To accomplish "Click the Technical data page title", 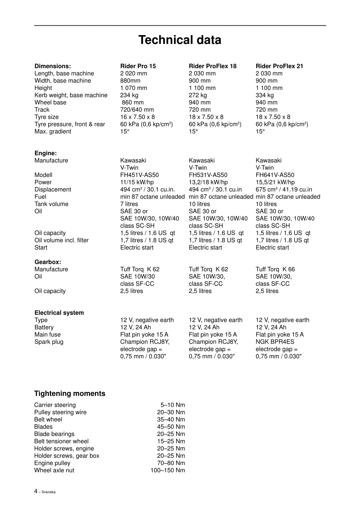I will [x=180, y=40].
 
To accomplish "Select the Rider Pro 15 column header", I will [x=138, y=66].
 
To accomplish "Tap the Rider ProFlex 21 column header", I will [x=279, y=66].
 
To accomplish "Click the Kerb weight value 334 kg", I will [x=264, y=95].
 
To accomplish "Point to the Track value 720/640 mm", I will [x=137, y=110].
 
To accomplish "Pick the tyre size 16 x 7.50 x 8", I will [x=137, y=117].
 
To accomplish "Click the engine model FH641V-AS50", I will [x=275, y=175].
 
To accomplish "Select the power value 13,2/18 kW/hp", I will [x=208, y=182].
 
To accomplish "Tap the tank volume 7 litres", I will [x=129, y=204].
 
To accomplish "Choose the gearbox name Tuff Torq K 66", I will [x=275, y=269].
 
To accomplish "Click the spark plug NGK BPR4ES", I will [x=275, y=342].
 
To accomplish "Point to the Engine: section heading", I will [x=45, y=153].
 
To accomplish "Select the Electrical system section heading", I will [x=59, y=313].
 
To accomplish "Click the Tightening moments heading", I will [x=70, y=393].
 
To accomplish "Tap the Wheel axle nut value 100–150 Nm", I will [x=168, y=470].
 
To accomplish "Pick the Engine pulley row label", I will [x=52, y=463].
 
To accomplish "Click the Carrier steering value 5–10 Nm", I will [x=173, y=405].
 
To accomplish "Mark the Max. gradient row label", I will [x=53, y=131].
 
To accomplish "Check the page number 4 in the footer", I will [x=36, y=491].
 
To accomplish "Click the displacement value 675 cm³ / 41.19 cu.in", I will [x=284, y=190].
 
